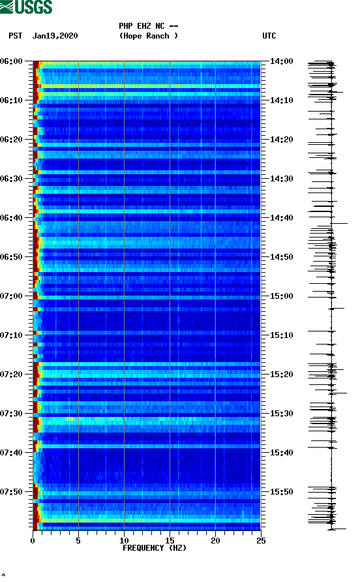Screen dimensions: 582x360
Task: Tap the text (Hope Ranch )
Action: [x=148, y=36]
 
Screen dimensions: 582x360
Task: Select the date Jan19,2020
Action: [x=55, y=36]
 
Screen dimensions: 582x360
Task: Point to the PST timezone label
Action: [x=16, y=36]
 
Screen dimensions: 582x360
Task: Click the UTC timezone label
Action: [x=269, y=36]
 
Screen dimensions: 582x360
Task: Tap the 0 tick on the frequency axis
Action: [x=33, y=540]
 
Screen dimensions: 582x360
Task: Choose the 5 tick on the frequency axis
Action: [x=78, y=540]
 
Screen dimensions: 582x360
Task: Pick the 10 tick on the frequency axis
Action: [x=124, y=540]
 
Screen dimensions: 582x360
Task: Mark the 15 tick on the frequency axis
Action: [x=170, y=540]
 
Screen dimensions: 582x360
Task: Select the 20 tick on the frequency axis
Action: [x=215, y=540]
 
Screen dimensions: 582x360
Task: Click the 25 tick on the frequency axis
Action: [x=260, y=540]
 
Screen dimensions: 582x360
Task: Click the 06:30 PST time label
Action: [x=12, y=179]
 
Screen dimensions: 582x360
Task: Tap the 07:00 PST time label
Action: [x=12, y=296]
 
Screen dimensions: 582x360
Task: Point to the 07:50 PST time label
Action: [x=12, y=492]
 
